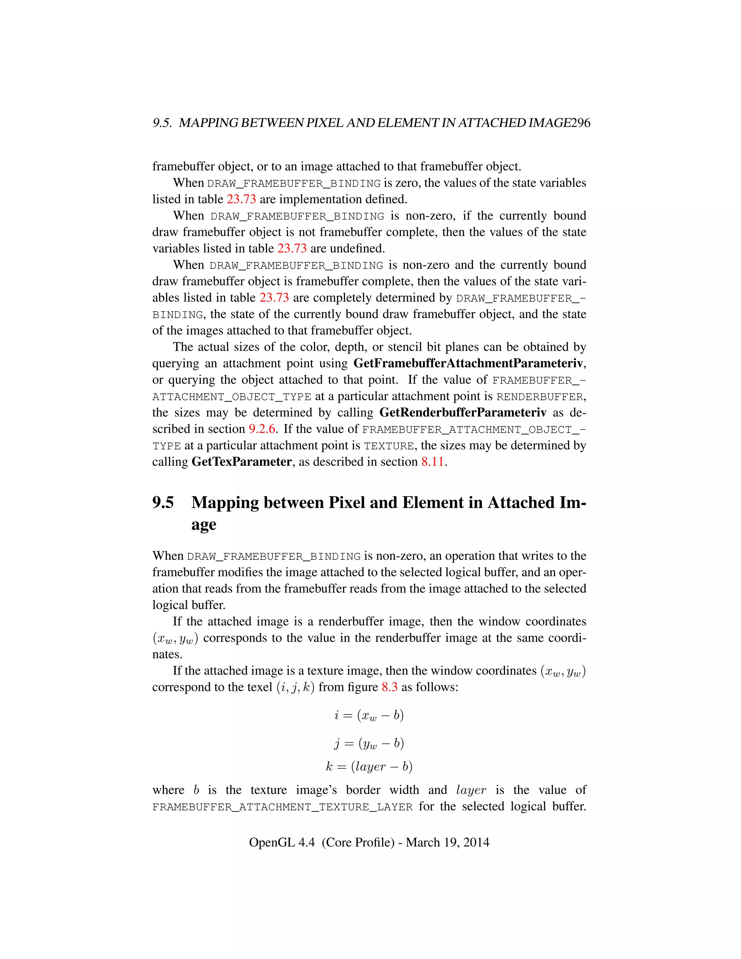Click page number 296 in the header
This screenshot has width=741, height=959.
coord(581,123)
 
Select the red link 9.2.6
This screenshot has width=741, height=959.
coord(262,429)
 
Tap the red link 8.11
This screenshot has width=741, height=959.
coord(432,462)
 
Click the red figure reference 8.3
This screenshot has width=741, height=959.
coord(389,687)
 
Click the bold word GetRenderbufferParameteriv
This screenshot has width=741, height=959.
coord(463,413)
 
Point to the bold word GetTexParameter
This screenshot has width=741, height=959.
coord(241,462)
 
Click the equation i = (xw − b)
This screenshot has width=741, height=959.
coord(369,715)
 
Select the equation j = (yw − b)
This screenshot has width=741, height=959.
coord(369,743)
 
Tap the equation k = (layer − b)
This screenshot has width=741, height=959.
coord(369,767)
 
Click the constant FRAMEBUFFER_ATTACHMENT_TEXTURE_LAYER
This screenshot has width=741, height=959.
coord(282,807)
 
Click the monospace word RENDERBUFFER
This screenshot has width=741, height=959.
coord(539,397)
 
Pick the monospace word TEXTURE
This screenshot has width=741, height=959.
coord(389,446)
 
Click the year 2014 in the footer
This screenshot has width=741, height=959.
coord(476,842)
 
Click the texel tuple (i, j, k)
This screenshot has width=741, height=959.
coord(296,687)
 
